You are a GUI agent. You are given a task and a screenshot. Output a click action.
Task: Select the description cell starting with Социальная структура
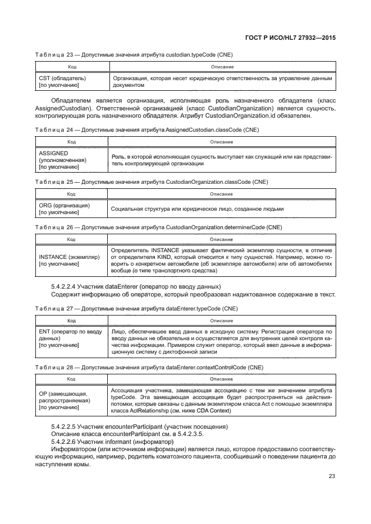coord(197,209)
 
